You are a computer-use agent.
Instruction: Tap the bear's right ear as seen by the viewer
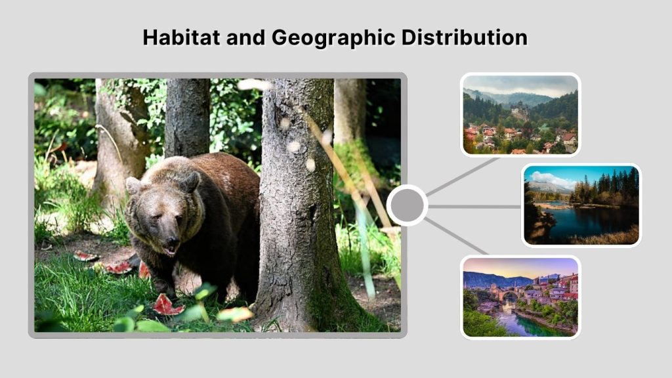pyautogui.click(x=192, y=179)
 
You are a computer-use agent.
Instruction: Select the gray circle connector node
pyautogui.click(x=407, y=205)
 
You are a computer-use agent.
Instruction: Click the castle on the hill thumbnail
pyautogui.click(x=520, y=115)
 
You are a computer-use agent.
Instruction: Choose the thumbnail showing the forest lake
pyautogui.click(x=581, y=205)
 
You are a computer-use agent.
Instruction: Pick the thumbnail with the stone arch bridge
pyautogui.click(x=520, y=297)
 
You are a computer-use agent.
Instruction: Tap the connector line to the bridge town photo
pyautogui.click(x=457, y=236)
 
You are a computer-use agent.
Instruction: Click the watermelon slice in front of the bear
pyautogui.click(x=168, y=304)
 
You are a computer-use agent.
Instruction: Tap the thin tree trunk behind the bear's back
pyautogui.click(x=186, y=118)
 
